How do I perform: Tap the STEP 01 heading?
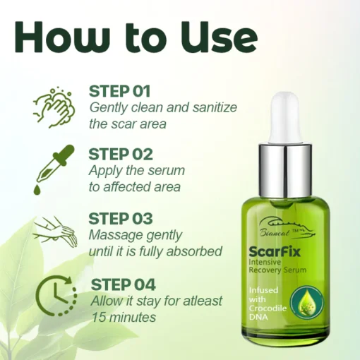click(x=119, y=91)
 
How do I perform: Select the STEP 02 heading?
click(x=121, y=155)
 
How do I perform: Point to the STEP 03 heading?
click(x=121, y=219)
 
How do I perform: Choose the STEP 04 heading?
click(x=124, y=284)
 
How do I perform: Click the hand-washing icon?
click(x=54, y=108)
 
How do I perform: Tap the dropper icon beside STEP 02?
click(x=54, y=170)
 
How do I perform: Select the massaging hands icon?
click(x=55, y=232)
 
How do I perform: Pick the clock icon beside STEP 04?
click(x=56, y=295)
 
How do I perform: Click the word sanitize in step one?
click(x=215, y=107)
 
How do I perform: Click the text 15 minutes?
click(x=124, y=317)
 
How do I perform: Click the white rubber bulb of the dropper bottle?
click(x=286, y=118)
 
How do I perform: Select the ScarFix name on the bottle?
click(x=275, y=252)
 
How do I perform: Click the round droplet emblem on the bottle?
click(x=307, y=302)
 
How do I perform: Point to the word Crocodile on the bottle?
click(x=268, y=308)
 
